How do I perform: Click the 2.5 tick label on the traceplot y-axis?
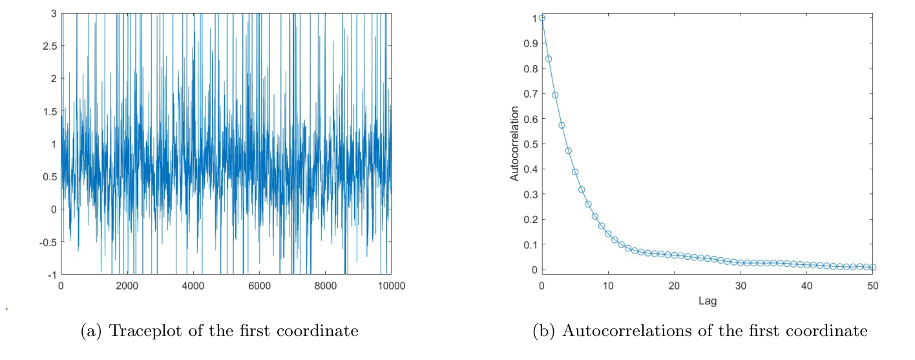click(48, 46)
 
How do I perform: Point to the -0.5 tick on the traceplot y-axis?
click(47, 242)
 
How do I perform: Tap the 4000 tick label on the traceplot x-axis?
click(193, 286)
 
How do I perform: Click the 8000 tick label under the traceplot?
click(325, 286)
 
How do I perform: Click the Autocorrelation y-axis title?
click(515, 144)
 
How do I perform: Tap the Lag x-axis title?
click(708, 301)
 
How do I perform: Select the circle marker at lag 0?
click(542, 18)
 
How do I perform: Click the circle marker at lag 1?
click(549, 59)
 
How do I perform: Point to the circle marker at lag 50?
click(873, 267)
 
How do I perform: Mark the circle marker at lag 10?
click(608, 233)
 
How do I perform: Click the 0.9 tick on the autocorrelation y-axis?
click(529, 43)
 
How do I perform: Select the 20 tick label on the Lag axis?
click(674, 285)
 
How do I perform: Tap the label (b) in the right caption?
click(543, 332)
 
